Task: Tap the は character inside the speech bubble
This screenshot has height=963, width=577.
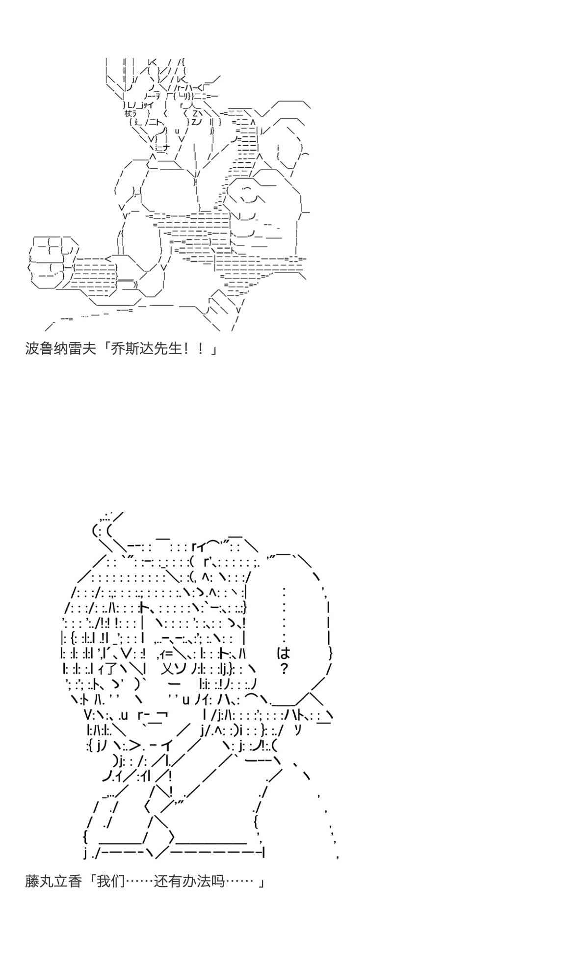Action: [284, 653]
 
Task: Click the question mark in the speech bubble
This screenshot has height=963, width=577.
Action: [284, 668]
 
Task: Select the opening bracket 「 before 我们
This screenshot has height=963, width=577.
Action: [90, 881]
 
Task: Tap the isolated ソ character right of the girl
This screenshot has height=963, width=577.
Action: [297, 730]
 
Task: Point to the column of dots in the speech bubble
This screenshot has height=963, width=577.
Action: [284, 613]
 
